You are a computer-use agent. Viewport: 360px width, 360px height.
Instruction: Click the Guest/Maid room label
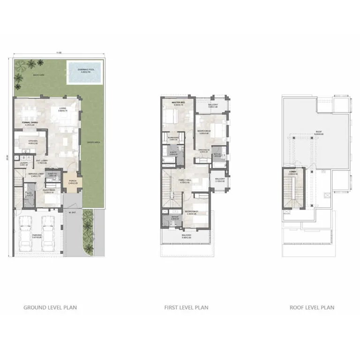pos(48,191)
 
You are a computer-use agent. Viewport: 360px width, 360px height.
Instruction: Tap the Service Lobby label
pos(36,174)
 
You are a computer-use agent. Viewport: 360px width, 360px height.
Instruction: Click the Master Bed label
pos(178,102)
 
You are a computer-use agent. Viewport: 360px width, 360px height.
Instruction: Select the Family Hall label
pos(184,180)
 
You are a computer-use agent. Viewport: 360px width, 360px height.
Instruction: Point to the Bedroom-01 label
pos(191,212)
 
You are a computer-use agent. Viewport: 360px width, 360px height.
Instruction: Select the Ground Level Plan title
pos(50,307)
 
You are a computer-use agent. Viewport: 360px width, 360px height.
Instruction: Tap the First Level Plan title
pos(186,307)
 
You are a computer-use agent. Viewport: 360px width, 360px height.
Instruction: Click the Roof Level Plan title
pos(312,307)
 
